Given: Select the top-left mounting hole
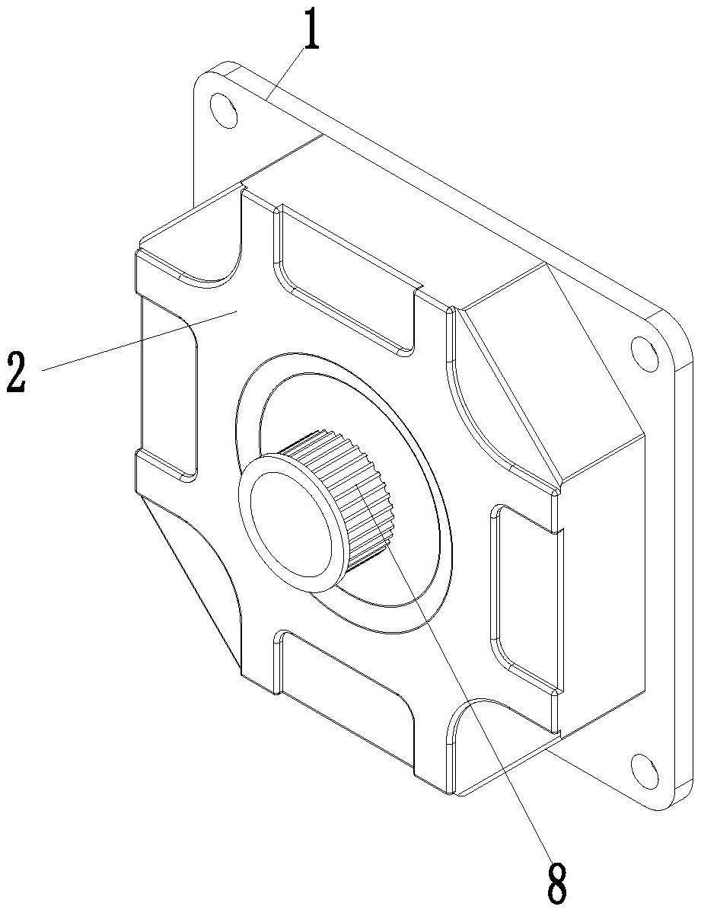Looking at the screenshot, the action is click(x=223, y=108).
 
